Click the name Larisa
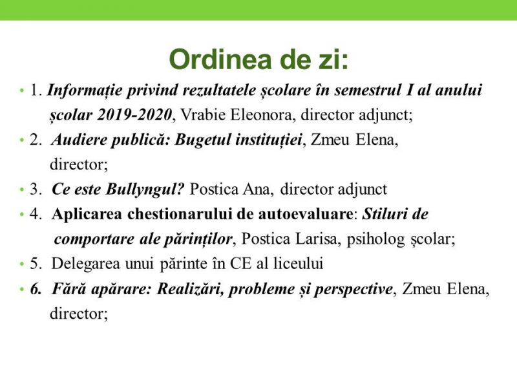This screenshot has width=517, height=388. pyautogui.click(x=317, y=239)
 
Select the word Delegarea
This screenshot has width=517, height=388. pyautogui.click(x=85, y=264)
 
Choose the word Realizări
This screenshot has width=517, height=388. pyautogui.click(x=189, y=289)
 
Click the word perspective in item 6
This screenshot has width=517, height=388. pyautogui.click(x=353, y=290)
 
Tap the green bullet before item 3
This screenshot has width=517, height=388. pyautogui.click(x=22, y=190)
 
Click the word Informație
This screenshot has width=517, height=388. pyautogui.click(x=85, y=91)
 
